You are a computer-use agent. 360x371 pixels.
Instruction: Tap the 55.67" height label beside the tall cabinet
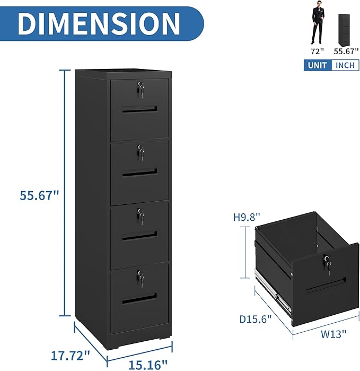point(39,195)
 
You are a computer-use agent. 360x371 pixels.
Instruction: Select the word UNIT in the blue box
point(317,65)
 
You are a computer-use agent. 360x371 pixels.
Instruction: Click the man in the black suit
point(317,24)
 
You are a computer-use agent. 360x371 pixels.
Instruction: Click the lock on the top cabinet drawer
point(140,89)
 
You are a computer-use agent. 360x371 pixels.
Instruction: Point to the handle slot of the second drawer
point(139,172)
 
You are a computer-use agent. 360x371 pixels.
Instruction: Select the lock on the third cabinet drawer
point(141,215)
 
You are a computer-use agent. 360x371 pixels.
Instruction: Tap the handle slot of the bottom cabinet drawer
point(139,300)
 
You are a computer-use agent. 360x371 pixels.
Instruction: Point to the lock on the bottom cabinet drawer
point(141,277)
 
